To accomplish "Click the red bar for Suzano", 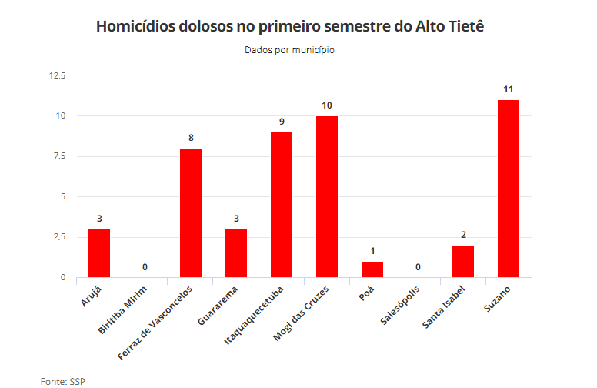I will tap(509, 189).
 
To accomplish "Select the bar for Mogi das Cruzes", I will tap(327, 196).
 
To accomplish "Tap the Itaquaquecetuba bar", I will tap(282, 205).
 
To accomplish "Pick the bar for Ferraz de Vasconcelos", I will tap(191, 212).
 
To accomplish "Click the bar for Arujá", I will tap(99, 253).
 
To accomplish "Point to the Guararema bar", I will tap(236, 253).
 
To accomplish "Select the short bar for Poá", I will tap(372, 269).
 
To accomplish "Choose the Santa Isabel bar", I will tap(463, 262).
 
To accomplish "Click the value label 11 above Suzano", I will tap(509, 89).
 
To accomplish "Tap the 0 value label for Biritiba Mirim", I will tap(145, 267).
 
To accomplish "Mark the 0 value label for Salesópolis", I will tap(418, 267).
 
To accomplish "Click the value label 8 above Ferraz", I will tap(191, 138).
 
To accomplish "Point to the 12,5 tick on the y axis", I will tap(58, 75).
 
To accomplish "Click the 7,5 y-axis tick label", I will tap(60, 156).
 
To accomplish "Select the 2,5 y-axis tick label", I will tap(60, 237).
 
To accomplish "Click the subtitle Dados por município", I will tap(290, 50).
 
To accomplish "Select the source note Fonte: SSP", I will tap(63, 380).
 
